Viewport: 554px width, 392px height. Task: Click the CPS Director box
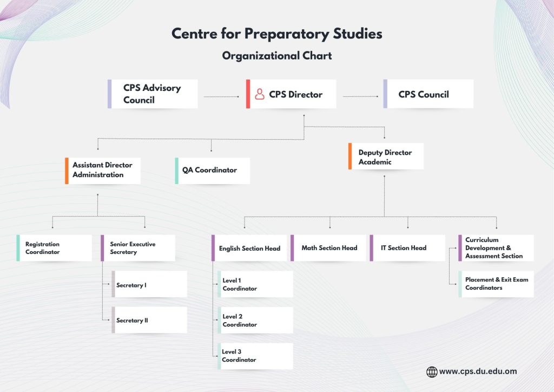coord(291,94)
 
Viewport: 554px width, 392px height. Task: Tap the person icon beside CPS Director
coord(260,94)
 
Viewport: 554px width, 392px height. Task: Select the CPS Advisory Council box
coord(153,94)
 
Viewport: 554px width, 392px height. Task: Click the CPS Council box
coord(428,94)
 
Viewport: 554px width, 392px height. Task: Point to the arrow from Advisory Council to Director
coord(221,97)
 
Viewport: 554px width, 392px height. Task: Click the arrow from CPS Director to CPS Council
coord(360,97)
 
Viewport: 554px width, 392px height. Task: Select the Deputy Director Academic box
coord(386,157)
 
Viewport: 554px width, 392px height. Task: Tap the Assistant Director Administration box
coord(103,171)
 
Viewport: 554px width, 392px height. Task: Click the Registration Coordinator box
coord(54,248)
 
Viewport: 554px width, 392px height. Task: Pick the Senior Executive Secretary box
coord(138,248)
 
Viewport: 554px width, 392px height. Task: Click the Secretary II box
coord(149,320)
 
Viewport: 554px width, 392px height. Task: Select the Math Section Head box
coord(328,248)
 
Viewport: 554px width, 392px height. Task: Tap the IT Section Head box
coord(407,248)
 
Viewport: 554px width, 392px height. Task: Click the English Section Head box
coord(249,249)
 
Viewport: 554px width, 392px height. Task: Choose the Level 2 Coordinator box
coord(255,321)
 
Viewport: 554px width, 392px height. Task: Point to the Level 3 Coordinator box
coord(255,356)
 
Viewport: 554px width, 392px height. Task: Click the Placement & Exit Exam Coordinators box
coord(496,284)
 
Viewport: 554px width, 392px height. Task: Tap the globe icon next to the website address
coord(432,371)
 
